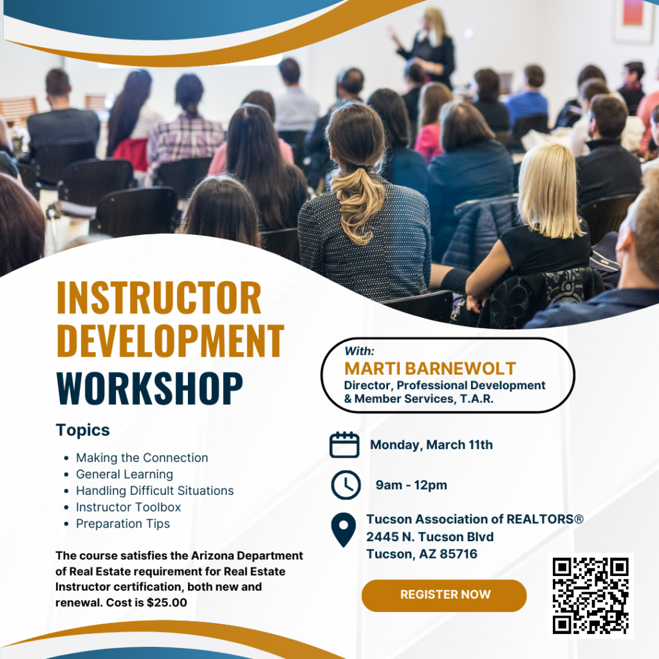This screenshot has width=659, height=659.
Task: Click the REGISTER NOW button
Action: (444, 595)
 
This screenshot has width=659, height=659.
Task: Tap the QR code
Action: (591, 595)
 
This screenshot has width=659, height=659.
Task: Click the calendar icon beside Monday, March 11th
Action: (344, 445)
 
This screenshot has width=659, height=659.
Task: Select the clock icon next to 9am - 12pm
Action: (346, 485)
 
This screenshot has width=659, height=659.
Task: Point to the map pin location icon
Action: (344, 530)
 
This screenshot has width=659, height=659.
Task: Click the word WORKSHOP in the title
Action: (149, 388)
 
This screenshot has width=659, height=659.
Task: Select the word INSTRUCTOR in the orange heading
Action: (159, 297)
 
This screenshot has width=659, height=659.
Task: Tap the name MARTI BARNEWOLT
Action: (430, 369)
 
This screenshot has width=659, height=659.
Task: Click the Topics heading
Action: (83, 430)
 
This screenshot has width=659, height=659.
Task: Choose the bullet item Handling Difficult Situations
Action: (154, 490)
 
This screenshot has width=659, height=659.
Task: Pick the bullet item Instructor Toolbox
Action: (128, 507)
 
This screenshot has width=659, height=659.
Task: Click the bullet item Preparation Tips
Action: (123, 524)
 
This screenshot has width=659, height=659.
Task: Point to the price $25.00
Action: (167, 602)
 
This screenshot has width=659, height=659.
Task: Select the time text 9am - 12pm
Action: (411, 485)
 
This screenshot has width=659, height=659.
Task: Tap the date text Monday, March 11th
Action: (431, 445)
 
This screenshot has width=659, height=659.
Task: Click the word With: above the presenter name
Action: (359, 351)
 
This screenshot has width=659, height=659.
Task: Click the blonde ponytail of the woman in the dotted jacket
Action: (358, 206)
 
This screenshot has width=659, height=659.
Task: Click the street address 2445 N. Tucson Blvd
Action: (429, 537)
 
